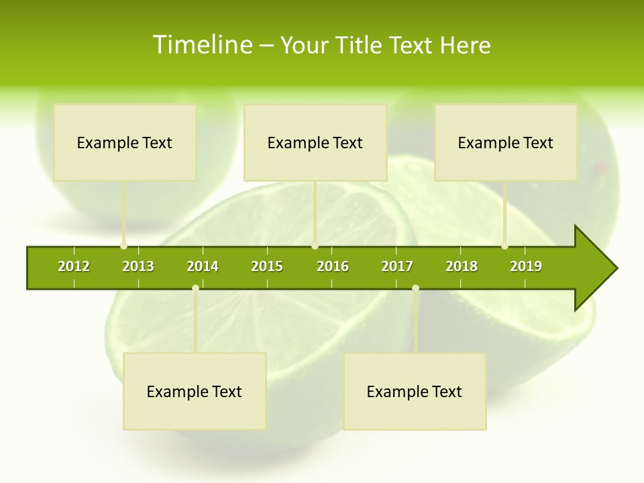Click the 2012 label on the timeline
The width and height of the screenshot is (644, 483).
click(74, 266)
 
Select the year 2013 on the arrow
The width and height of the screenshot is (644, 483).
click(138, 266)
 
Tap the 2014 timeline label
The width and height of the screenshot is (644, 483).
click(203, 266)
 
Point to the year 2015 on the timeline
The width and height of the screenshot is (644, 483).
click(267, 266)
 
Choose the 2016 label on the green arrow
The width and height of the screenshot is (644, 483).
click(333, 266)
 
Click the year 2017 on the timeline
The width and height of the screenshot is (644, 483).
click(397, 266)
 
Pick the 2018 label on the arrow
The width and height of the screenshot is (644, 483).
click(462, 266)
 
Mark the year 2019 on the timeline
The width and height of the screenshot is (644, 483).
click(526, 266)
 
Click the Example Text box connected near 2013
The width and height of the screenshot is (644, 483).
click(125, 142)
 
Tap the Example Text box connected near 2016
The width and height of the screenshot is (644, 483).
click(315, 142)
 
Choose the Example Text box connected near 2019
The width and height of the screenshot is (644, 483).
click(506, 142)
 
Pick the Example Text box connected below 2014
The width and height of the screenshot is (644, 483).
click(195, 391)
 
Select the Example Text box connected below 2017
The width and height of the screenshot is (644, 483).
click(415, 391)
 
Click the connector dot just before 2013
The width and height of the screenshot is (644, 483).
click(123, 246)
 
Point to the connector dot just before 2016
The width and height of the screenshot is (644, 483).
click(315, 246)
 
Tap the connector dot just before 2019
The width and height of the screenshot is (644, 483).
click(505, 246)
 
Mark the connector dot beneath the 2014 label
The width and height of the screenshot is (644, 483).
click(195, 288)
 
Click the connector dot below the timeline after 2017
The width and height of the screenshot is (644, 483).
click(415, 288)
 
